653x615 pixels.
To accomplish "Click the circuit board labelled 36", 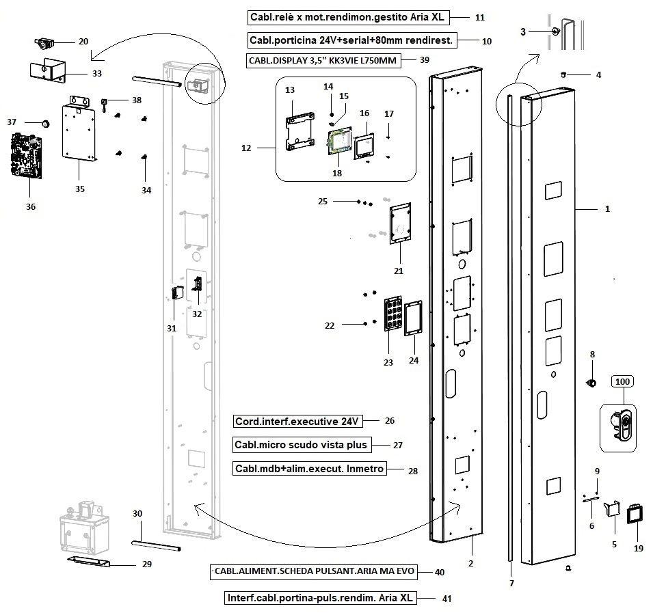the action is click(25, 156).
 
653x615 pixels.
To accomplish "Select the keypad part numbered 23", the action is click(392, 314).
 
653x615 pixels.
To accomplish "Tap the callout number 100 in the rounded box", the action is click(622, 381).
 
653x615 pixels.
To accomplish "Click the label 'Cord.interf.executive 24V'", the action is click(297, 421).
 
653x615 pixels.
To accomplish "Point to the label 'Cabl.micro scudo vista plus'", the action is click(302, 445).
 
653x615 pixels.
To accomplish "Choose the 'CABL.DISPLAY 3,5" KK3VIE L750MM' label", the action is click(323, 61).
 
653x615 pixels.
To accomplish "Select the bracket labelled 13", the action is click(299, 131).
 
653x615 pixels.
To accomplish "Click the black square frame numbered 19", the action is click(635, 515).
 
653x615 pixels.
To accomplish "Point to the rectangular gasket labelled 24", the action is click(414, 318).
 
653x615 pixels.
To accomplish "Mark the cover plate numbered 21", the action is click(400, 223).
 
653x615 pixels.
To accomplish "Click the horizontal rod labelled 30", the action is click(156, 545).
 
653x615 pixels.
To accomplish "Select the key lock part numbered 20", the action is click(44, 43).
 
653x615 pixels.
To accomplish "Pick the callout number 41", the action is click(447, 599).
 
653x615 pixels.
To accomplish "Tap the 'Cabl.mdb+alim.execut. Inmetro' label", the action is click(309, 469).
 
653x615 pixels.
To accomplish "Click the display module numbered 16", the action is click(364, 146).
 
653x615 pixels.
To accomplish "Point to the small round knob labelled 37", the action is click(45, 123).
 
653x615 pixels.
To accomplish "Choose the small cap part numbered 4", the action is click(563, 75).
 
